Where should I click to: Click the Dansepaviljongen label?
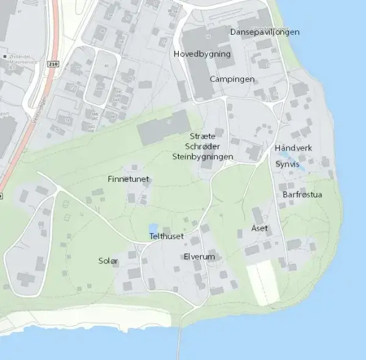(x=265, y=32)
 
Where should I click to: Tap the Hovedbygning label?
(x=202, y=54)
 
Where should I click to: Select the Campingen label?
(x=232, y=79)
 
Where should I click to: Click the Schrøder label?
(x=203, y=146)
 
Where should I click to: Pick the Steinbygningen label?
(x=203, y=157)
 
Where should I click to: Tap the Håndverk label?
(x=293, y=148)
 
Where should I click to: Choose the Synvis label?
(x=287, y=164)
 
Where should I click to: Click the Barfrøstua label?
(x=302, y=195)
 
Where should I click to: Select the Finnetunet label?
(x=128, y=179)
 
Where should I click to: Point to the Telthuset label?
(x=166, y=236)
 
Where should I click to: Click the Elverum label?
(x=199, y=257)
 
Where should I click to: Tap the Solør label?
(x=108, y=261)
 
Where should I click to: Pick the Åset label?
(x=259, y=228)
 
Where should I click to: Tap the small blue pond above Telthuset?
(x=154, y=228)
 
